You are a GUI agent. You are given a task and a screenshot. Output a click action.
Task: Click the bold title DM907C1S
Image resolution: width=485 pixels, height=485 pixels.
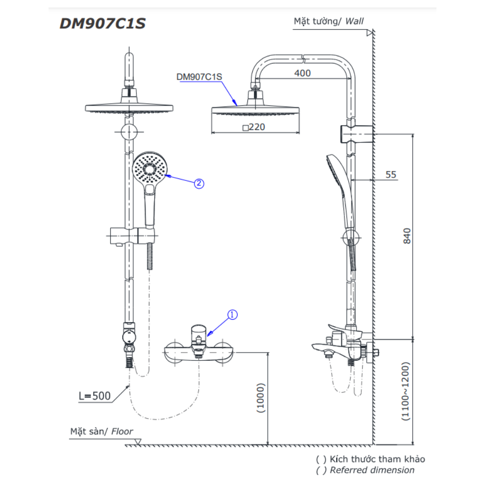[102, 23]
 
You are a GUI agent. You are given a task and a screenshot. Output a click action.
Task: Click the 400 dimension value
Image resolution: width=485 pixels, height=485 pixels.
[302, 73]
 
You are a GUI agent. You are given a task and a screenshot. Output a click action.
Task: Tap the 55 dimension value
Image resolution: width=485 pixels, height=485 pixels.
[391, 175]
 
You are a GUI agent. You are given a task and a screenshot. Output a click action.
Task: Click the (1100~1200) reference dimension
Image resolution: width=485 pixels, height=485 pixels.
[406, 391]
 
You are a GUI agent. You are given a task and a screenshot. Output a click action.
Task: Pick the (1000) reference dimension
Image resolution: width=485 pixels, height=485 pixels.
[261, 398]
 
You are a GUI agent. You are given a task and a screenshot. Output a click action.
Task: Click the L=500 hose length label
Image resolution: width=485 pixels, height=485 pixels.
[95, 396]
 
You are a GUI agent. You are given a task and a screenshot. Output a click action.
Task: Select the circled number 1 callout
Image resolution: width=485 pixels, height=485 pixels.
[232, 315]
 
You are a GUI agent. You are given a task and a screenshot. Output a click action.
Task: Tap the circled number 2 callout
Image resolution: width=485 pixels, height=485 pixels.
[199, 183]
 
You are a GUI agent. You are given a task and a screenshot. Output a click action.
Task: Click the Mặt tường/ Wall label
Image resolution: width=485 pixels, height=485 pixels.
[328, 21]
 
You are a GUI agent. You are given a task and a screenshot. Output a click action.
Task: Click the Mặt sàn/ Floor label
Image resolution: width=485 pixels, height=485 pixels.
[101, 431]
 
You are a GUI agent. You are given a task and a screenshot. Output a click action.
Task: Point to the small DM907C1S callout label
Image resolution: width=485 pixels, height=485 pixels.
[199, 76]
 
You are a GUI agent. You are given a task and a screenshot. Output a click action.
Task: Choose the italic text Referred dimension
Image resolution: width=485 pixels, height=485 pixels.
[372, 470]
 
